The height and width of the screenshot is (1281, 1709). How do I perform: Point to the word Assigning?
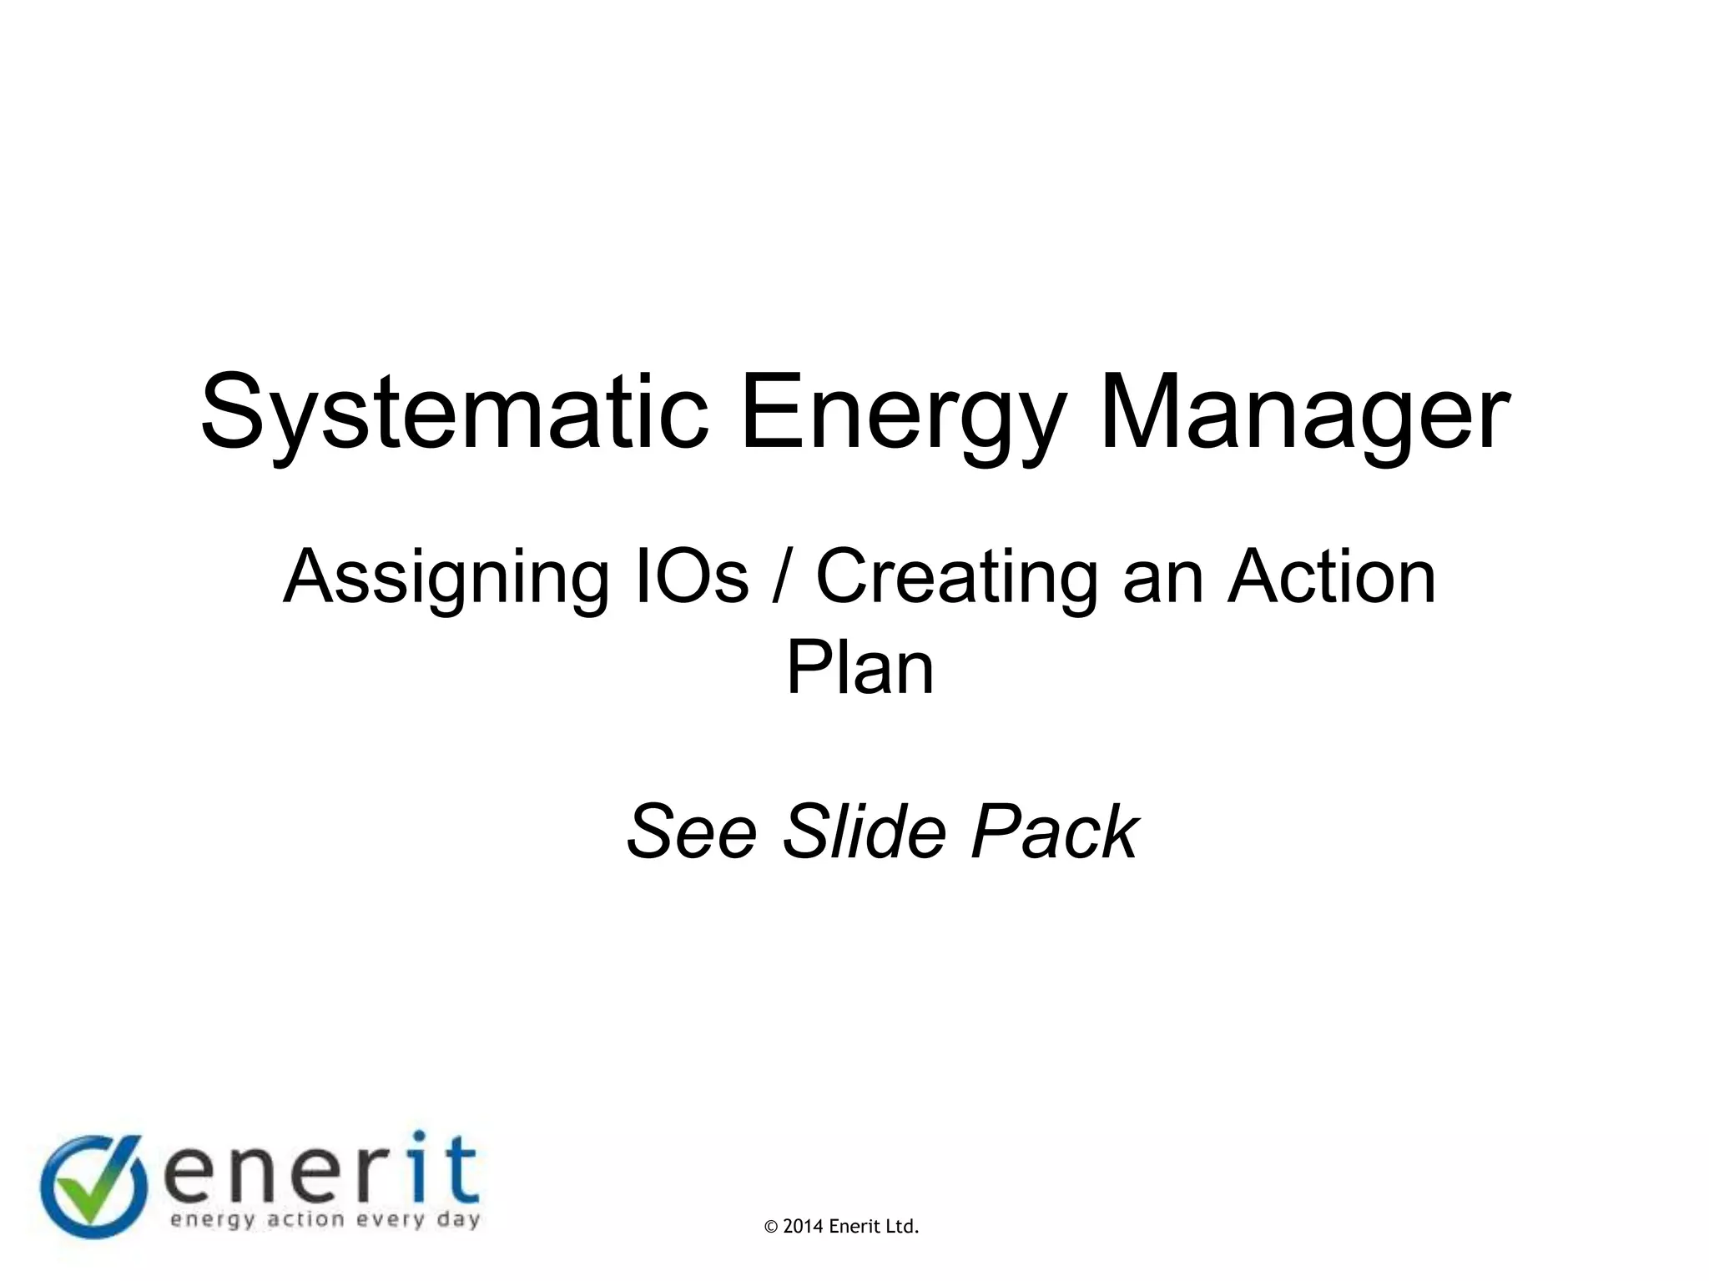(446, 578)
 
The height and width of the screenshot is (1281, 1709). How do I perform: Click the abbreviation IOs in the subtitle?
(692, 576)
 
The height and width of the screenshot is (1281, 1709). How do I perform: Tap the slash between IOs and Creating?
(781, 576)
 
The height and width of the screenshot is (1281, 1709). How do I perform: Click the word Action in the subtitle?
(1331, 576)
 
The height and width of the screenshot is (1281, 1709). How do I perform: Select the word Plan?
(860, 667)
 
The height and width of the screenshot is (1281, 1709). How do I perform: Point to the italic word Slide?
(864, 831)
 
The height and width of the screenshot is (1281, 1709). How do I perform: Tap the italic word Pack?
(1055, 831)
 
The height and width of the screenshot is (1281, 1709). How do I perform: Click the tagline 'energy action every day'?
(325, 1220)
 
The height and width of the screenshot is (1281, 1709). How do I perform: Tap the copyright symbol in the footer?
(771, 1227)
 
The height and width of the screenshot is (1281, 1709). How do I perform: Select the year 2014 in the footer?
(804, 1227)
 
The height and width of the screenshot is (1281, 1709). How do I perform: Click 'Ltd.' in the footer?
(902, 1227)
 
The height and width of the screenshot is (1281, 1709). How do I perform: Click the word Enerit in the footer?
(854, 1227)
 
